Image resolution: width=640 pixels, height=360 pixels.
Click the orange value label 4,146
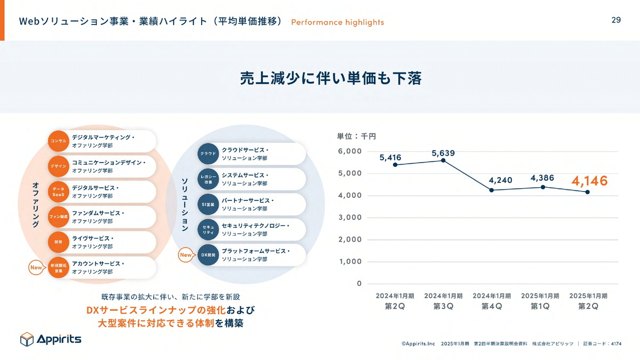589,181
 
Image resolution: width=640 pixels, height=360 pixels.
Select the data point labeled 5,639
443,161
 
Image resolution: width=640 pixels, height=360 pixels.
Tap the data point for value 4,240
492,190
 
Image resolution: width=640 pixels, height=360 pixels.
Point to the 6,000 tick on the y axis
350,151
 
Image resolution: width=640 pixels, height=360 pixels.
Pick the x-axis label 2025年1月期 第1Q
540,301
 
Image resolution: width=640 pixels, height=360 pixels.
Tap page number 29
616,20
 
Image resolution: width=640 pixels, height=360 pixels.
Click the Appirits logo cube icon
27,339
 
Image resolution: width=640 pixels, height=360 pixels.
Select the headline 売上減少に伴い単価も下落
331,78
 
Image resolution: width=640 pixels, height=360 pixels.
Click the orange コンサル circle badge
58,141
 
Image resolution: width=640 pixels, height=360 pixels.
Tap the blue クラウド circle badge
208,154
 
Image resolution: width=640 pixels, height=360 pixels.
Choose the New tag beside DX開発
186,255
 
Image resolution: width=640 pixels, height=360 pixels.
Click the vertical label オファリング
35,205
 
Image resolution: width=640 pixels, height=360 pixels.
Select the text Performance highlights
337,22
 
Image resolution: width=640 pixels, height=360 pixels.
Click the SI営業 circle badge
208,205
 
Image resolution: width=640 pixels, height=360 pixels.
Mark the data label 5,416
390,157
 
